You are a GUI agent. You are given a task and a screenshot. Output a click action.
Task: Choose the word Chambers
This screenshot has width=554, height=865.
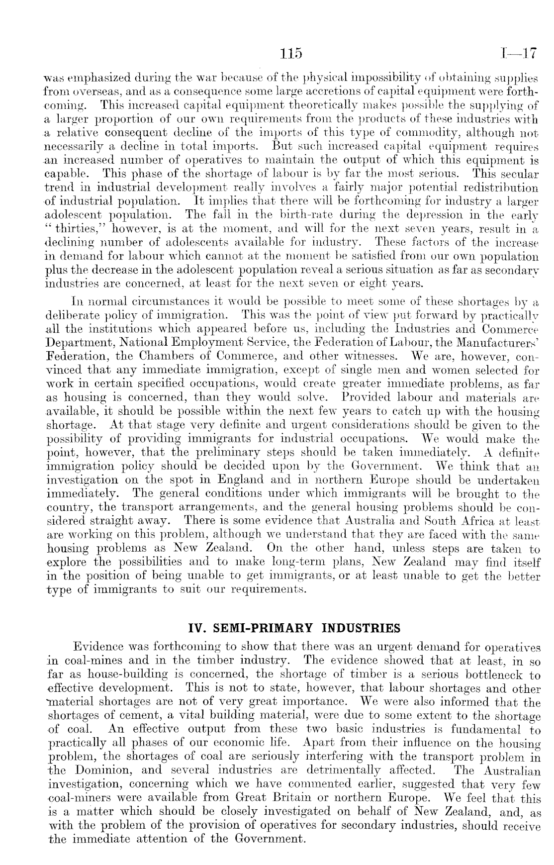pos(137,357)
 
